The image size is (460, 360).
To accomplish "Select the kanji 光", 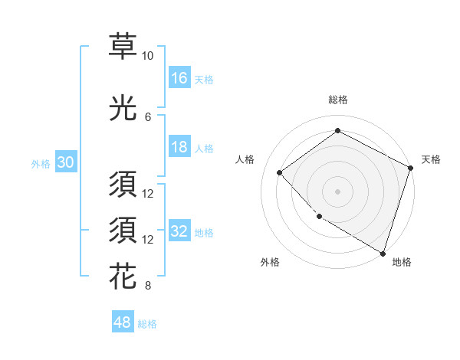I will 123,109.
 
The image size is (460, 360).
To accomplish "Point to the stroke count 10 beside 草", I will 147,57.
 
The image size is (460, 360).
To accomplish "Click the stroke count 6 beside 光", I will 148,117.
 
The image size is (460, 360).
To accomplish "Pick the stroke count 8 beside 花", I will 148,286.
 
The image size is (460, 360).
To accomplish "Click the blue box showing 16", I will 179,78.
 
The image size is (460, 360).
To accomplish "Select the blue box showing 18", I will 179,147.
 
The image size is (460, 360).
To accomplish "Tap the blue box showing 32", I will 179,231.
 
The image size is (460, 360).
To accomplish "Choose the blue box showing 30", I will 65,162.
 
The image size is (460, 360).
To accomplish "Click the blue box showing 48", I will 123,322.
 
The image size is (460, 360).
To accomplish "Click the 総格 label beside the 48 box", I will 147,324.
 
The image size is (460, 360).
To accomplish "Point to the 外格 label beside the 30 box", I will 41,163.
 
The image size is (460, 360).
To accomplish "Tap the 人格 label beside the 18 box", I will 204,148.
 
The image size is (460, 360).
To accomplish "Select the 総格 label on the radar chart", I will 337,100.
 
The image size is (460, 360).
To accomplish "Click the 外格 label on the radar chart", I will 270,262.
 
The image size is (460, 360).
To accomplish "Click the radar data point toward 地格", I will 383,253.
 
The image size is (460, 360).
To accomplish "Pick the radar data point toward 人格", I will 280,173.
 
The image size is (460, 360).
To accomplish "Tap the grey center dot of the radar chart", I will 337,191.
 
